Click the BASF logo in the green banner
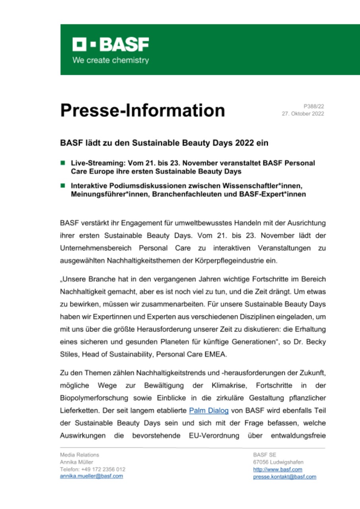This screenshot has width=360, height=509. (111, 45)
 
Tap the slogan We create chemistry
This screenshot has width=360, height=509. (110, 60)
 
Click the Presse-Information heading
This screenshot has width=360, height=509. (142, 110)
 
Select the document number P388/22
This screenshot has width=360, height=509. (314, 106)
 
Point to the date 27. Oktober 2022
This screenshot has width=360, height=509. (303, 114)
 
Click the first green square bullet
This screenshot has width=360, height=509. (62, 163)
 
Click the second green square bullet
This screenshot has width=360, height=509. (62, 185)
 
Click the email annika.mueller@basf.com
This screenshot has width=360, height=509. (91, 476)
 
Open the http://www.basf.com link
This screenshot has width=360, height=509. (278, 469)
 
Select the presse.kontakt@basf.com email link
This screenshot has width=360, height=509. (284, 476)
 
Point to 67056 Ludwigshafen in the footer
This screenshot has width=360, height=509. (278, 462)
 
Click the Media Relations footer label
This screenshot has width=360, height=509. (80, 455)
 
